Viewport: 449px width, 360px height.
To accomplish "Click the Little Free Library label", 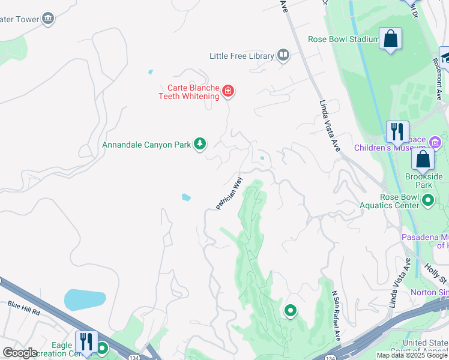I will click(x=241, y=56).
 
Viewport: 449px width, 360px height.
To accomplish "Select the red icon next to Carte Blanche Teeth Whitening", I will click(x=228, y=91).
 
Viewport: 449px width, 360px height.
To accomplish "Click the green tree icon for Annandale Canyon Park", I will click(x=200, y=144).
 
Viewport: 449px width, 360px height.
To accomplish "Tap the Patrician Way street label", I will click(x=229, y=193).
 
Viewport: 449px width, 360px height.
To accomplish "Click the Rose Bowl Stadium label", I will click(x=343, y=40).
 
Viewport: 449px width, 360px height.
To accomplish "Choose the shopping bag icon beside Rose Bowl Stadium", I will click(x=391, y=39).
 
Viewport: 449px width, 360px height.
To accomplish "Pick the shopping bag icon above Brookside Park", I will click(x=423, y=160).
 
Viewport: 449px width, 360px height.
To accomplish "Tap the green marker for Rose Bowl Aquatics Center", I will click(x=428, y=200).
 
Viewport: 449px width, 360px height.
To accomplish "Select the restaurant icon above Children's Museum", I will click(x=397, y=131).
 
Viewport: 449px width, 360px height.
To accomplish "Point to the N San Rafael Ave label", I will click(x=337, y=308).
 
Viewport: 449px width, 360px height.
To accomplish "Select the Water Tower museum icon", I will click(x=48, y=19).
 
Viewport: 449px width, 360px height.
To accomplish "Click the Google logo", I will click(x=20, y=353).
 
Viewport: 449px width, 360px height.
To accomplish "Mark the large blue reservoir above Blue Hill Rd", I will click(x=85, y=299).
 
